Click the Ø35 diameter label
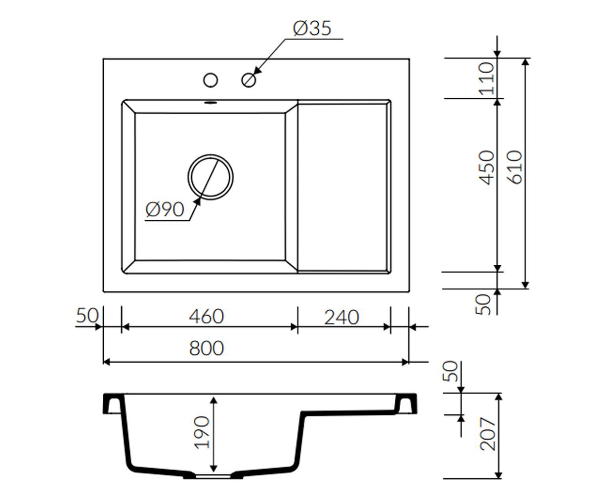pyautogui.click(x=312, y=28)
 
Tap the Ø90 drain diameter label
pyautogui.click(x=165, y=209)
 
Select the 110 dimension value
pyautogui.click(x=486, y=79)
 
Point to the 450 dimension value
pyautogui.click(x=486, y=168)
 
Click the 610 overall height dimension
pyautogui.click(x=514, y=168)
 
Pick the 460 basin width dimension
pyautogui.click(x=207, y=317)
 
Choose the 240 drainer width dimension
pyautogui.click(x=341, y=318)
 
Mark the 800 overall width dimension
pyautogui.click(x=207, y=348)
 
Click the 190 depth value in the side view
pyautogui.click(x=202, y=432)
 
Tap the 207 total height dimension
pyautogui.click(x=488, y=434)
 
